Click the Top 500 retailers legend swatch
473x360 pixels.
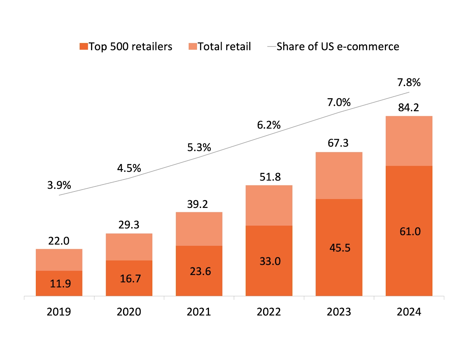tap(84, 47)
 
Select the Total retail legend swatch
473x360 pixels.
tap(193, 47)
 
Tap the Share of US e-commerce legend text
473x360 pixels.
tap(338, 47)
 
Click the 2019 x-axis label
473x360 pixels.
tap(59, 312)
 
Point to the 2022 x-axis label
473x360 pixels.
tap(269, 312)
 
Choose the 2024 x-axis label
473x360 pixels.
tap(409, 312)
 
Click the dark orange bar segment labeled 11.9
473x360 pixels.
tap(59, 283)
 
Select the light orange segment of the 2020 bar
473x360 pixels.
tap(129, 247)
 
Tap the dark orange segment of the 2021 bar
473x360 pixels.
tap(199, 271)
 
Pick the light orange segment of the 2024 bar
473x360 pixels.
tap(409, 141)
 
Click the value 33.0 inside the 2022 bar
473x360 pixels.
tap(270, 261)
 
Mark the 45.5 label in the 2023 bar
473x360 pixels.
tap(340, 248)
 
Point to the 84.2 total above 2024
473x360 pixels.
tap(408, 107)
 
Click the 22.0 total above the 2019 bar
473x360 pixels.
tap(59, 241)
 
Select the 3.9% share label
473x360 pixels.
tap(59, 185)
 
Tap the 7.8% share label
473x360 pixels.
tap(409, 83)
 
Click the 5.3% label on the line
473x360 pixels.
tap(199, 147)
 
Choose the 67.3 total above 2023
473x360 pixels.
tap(338, 143)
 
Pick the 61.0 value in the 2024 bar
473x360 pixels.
tap(410, 231)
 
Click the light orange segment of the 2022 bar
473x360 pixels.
tap(269, 205)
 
